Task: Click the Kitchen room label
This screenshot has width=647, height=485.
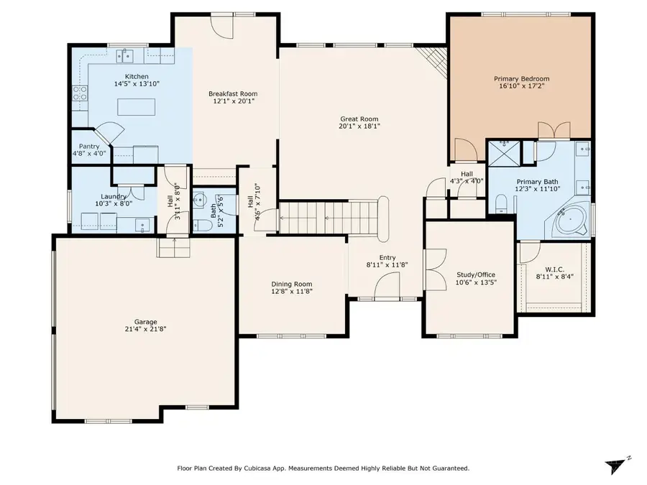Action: [137, 76]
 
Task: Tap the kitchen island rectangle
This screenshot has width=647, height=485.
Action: [136, 107]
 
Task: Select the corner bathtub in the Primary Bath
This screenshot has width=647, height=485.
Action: [572, 220]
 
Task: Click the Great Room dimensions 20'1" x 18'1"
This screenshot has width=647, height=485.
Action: [359, 126]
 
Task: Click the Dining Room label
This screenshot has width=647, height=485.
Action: [291, 284]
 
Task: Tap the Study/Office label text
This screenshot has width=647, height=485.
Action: [476, 274]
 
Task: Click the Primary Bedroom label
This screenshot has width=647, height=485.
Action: [521, 78]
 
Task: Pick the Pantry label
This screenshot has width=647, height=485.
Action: [89, 146]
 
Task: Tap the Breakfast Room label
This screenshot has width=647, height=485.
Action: [233, 93]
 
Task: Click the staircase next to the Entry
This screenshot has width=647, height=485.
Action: [327, 217]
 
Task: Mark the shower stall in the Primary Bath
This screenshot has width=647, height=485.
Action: [504, 153]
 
